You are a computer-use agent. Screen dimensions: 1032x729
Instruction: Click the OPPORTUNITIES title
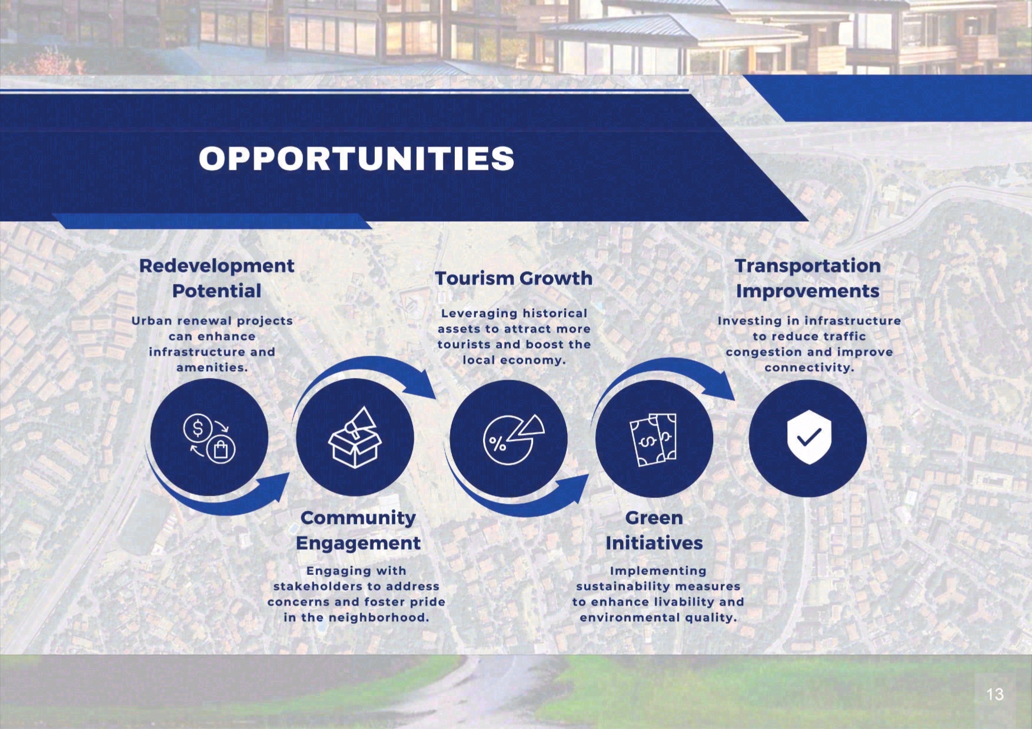(x=357, y=158)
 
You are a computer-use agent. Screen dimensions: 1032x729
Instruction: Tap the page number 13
(x=995, y=694)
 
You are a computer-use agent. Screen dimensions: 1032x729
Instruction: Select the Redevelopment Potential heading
(x=217, y=278)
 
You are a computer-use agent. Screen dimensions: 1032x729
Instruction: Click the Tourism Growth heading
(x=514, y=278)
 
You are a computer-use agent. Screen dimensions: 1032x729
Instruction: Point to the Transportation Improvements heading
(x=808, y=278)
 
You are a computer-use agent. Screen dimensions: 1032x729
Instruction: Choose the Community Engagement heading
(x=358, y=530)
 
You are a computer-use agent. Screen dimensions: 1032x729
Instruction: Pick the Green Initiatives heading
(x=654, y=530)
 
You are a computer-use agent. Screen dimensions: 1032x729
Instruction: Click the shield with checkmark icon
(x=809, y=437)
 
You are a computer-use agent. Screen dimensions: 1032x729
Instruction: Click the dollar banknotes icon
(x=654, y=439)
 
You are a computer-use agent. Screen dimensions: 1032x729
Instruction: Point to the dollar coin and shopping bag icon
(x=209, y=439)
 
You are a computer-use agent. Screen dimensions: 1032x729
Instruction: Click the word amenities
(x=212, y=368)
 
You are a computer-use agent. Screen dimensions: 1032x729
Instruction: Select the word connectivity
(x=809, y=368)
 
